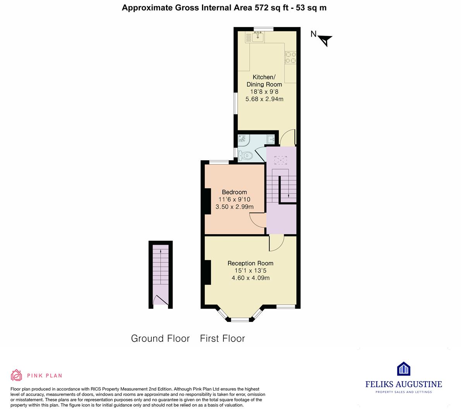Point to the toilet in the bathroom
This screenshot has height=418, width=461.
[x=245, y=156]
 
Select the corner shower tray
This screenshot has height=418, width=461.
[x=243, y=140]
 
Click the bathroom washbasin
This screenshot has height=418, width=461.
[x=271, y=139]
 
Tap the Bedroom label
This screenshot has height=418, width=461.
[x=234, y=192]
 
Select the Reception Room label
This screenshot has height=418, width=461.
[x=250, y=264]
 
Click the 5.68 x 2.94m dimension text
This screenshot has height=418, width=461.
[x=264, y=99]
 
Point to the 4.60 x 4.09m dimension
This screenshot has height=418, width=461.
[x=250, y=278]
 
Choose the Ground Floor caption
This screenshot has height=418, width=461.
[x=160, y=339]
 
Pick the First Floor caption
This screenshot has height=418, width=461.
[x=222, y=339]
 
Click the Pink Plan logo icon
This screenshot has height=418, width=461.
[x=17, y=375]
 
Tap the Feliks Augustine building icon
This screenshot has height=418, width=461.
[x=403, y=369]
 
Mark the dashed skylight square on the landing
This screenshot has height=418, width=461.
[x=281, y=161]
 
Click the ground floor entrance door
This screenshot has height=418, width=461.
[x=161, y=300]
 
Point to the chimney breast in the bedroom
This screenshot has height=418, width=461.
[x=208, y=201]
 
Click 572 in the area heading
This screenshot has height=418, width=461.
[x=262, y=8]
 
